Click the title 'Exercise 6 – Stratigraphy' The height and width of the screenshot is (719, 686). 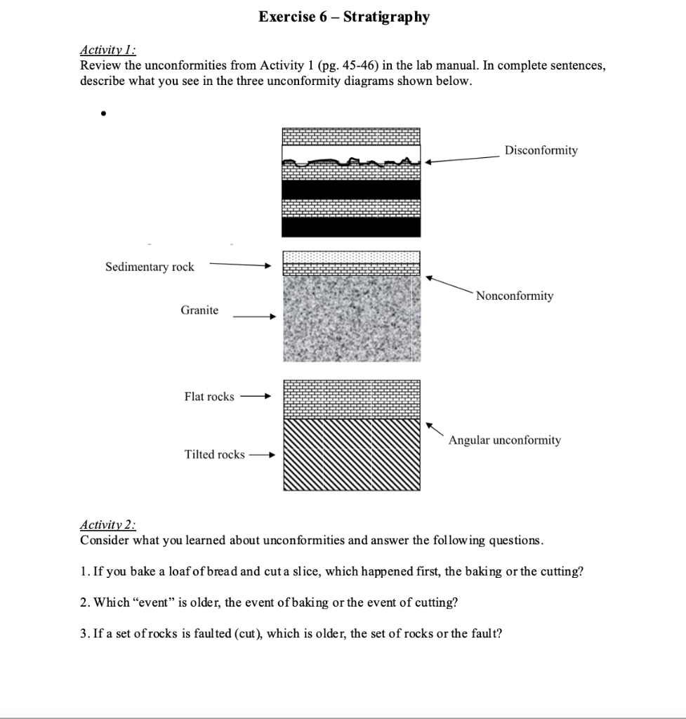[x=343, y=17]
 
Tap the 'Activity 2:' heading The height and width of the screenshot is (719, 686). [x=108, y=525]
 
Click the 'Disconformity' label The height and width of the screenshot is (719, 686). [x=541, y=150]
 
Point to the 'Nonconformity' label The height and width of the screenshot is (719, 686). [x=514, y=296]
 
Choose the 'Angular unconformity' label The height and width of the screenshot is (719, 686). [x=504, y=440]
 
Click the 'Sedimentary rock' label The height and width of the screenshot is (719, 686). [x=150, y=267]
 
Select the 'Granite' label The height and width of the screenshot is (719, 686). [x=199, y=310]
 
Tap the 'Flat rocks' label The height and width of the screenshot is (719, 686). [x=209, y=397]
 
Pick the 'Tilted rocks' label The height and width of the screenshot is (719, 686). [x=214, y=454]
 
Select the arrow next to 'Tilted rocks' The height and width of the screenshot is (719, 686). [x=260, y=455]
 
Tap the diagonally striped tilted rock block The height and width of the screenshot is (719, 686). [x=351, y=455]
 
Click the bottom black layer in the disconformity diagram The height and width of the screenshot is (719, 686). [x=351, y=227]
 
